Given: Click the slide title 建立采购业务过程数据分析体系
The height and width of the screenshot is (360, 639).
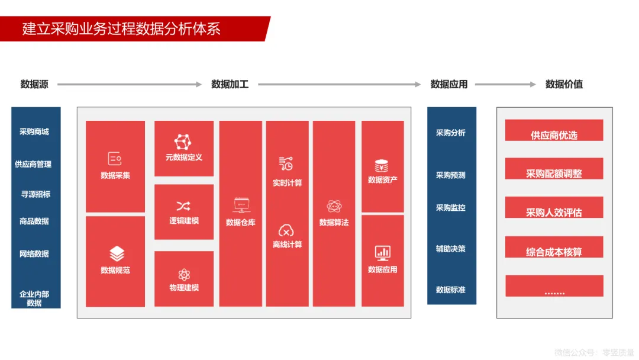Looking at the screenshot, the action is [x=121, y=28].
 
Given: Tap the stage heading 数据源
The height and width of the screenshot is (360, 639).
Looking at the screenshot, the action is [x=34, y=84].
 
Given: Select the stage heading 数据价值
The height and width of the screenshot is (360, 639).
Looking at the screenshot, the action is [x=564, y=84].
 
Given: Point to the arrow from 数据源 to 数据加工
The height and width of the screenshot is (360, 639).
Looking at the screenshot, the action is [x=130, y=84].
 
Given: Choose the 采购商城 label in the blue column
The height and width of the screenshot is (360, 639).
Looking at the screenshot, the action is [x=34, y=131].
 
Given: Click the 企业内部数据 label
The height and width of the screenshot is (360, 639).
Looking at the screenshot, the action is [x=34, y=298].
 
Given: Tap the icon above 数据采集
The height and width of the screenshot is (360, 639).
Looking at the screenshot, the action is [x=115, y=159].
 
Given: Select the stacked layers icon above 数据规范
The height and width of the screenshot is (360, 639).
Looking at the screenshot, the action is [x=117, y=254].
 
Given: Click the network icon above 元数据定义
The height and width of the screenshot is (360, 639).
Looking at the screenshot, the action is [x=183, y=142].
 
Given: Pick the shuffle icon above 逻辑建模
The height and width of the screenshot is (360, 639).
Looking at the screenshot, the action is [x=183, y=206].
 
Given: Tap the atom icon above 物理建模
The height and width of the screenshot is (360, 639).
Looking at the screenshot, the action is [x=183, y=274].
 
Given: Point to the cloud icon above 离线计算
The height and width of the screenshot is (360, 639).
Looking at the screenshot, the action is [x=287, y=230].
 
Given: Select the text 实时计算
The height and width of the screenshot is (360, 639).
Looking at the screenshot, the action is [x=287, y=183].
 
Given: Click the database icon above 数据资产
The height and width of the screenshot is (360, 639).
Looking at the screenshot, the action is [x=382, y=165].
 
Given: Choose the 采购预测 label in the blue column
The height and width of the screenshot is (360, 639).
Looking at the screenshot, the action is [x=451, y=175].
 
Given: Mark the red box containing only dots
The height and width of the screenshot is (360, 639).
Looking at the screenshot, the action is [x=554, y=286].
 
